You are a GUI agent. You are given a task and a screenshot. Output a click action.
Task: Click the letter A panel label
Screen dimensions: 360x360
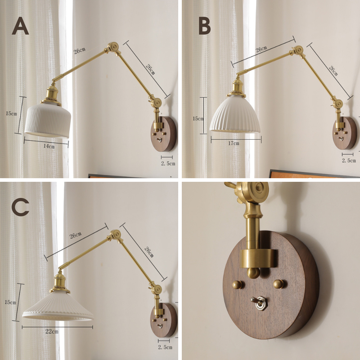point(21,26)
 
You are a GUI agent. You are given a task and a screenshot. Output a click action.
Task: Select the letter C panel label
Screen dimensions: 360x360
point(21,207)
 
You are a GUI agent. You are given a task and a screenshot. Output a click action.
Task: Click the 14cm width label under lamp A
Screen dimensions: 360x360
point(49,146)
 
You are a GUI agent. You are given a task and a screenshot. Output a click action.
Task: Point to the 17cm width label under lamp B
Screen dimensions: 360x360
point(234,143)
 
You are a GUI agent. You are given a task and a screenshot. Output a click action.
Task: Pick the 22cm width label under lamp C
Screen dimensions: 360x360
point(52,331)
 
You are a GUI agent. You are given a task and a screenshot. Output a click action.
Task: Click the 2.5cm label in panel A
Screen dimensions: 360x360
point(168,163)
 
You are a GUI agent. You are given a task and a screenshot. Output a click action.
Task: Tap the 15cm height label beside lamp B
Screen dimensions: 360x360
point(198,119)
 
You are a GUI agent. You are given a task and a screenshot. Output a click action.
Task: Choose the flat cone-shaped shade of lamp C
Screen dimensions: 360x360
point(58,306)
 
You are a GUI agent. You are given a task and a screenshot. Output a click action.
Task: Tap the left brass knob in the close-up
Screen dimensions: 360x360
point(237,285)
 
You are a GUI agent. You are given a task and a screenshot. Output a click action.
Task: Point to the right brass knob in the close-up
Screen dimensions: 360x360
point(279,284)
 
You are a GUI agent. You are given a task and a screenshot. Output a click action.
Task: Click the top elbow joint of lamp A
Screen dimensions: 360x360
point(113,48)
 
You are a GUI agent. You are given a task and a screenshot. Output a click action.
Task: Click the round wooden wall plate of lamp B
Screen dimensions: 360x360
point(345,133)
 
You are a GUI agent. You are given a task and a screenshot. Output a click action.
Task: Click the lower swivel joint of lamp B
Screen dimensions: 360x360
point(338,104)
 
